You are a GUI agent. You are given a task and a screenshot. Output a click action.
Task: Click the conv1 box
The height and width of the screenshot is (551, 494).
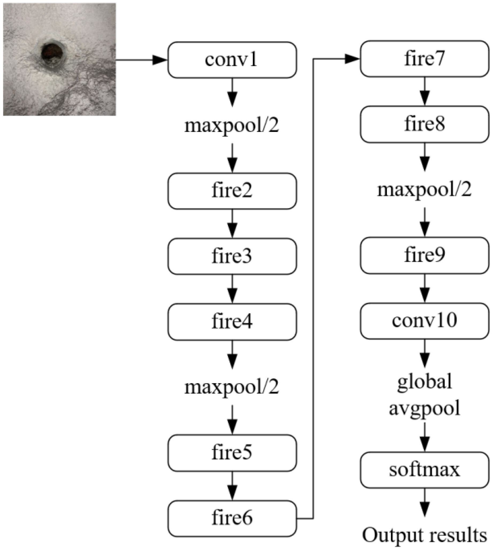232,60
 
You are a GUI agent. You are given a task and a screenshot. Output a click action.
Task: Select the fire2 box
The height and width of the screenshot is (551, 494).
232,191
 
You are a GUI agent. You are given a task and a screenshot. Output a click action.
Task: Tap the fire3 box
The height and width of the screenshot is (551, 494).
232,256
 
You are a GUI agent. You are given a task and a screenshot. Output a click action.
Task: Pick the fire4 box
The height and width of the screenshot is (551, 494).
232,322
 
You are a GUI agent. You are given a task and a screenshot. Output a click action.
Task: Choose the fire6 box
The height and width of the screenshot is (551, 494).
232,518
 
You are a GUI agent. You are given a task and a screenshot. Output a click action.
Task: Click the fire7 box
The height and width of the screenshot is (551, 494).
424,59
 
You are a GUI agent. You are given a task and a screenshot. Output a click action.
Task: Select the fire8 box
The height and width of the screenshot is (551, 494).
424,124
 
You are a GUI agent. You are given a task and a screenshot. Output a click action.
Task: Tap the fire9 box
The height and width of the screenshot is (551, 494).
424,255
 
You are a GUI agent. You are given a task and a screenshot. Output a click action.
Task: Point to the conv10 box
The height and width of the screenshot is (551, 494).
424,321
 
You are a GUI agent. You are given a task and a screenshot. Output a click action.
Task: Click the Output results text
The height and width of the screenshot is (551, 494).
424,535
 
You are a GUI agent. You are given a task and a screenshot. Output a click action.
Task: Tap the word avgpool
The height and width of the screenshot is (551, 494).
424,409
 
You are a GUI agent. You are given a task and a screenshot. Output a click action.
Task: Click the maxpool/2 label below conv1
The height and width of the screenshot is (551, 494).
232,126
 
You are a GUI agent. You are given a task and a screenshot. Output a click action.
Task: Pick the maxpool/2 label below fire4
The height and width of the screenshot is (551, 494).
232,387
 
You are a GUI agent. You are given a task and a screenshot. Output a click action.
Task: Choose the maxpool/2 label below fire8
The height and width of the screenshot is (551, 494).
424,190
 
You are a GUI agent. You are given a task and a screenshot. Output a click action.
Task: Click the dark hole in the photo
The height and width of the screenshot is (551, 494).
53,53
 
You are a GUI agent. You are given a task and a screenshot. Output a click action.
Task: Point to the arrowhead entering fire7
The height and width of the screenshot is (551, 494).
352,59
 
